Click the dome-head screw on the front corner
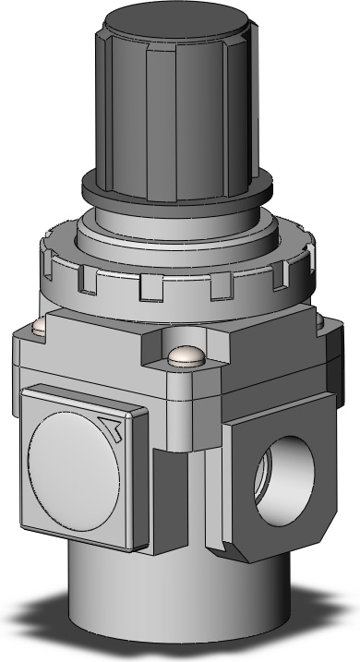[x=187, y=355]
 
